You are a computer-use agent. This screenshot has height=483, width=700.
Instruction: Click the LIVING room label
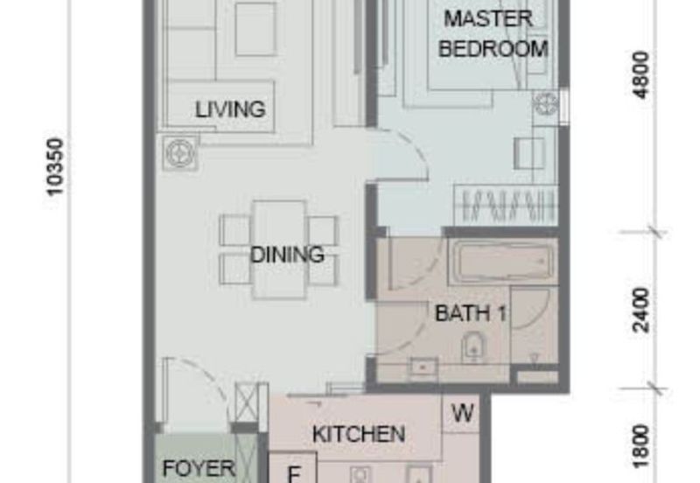(230, 109)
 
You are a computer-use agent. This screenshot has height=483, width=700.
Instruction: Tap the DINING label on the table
(287, 255)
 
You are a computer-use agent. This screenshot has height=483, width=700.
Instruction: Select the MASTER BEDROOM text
(493, 33)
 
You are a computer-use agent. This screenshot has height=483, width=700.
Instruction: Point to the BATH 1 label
(471, 313)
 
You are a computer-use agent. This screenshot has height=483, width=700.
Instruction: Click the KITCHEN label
(359, 434)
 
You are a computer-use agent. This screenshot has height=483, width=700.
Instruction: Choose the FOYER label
(199, 468)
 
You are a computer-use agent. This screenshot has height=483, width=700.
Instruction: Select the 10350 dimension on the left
(55, 166)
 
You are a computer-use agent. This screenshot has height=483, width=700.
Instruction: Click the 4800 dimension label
(641, 75)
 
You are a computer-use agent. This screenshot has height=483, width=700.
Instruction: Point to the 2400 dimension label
(641, 311)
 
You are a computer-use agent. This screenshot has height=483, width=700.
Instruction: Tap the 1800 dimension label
(641, 446)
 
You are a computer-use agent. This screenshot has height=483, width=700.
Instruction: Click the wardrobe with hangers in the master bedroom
(506, 205)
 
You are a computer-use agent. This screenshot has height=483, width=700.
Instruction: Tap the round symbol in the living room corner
(180, 153)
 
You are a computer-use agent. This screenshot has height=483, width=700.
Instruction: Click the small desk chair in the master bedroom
(529, 153)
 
